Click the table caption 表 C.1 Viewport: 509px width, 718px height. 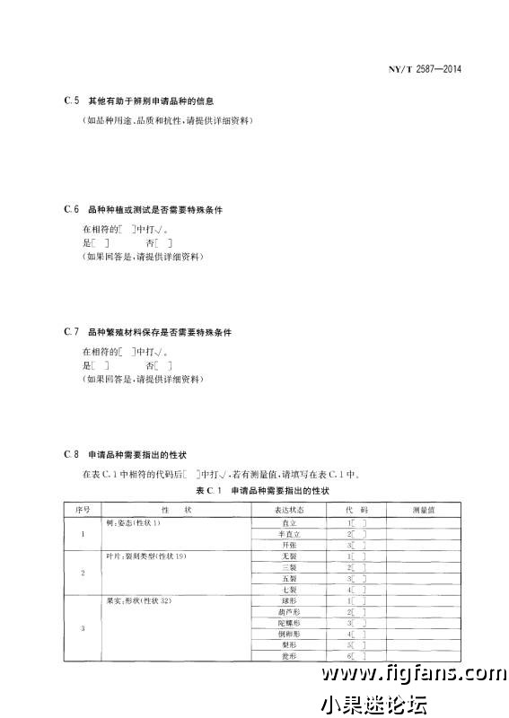(x=262, y=491)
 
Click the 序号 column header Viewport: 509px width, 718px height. (x=83, y=509)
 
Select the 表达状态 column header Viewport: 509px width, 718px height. (x=288, y=509)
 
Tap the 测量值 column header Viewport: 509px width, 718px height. (x=423, y=509)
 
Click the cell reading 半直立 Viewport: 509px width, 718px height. (x=288, y=533)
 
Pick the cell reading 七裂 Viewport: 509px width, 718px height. (x=288, y=589)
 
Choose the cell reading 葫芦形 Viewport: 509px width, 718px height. (x=288, y=611)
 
